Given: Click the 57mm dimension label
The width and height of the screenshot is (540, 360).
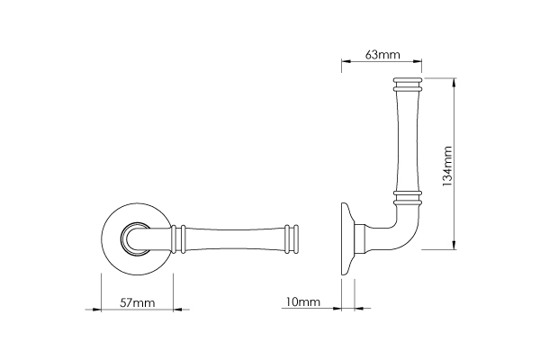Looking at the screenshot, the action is point(137,302).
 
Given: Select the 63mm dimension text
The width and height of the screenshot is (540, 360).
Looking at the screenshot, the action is point(382,54).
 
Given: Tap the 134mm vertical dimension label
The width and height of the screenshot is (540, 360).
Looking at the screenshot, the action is point(446,166).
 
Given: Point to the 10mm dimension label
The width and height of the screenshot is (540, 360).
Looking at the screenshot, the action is point(302,302).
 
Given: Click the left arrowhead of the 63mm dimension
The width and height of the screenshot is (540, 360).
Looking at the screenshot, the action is point(346,61).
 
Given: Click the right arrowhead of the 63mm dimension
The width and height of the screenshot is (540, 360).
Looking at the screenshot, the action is point(418,61).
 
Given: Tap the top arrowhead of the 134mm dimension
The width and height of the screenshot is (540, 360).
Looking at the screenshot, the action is point(454,82).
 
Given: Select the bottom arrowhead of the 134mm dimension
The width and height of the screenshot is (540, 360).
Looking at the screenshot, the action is point(454,245).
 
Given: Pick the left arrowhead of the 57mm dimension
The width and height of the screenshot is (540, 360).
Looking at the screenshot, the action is point(97,310).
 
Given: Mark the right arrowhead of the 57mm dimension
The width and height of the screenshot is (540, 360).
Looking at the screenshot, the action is point(177,310).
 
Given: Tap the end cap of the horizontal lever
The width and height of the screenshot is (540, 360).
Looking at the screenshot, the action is point(292,239).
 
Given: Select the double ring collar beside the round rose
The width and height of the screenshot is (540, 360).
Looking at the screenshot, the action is point(178,239).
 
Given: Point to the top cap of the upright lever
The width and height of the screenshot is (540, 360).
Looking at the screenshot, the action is point(408,85).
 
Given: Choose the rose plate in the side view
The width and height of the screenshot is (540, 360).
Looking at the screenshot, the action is point(347,238).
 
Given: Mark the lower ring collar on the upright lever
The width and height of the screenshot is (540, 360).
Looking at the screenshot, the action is point(408,197).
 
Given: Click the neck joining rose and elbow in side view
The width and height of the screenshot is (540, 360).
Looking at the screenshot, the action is point(360,239).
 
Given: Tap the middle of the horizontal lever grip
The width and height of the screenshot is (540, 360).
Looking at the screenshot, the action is point(235,239).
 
